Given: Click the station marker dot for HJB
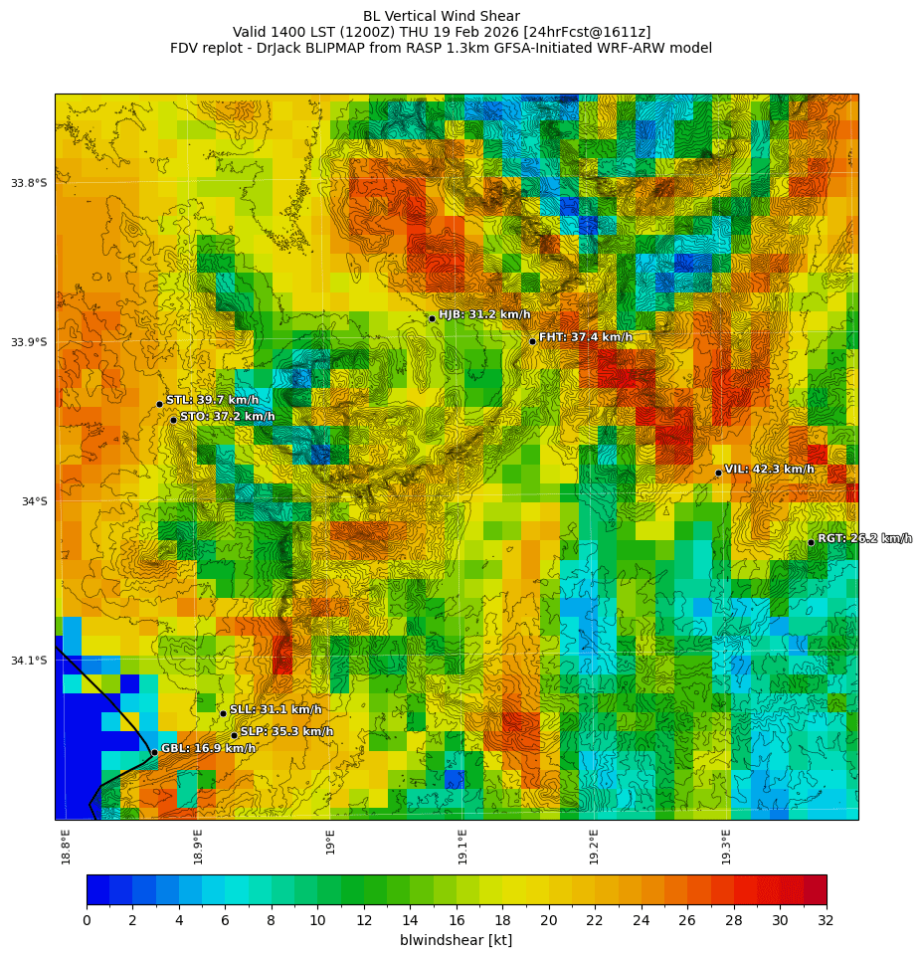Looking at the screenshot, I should coord(432,318).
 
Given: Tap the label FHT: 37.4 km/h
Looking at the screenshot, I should coord(585,337).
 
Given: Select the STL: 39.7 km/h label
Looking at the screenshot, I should coord(212,400).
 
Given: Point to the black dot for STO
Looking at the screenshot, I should coord(173,420).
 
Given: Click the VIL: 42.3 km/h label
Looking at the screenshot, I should coord(769,470).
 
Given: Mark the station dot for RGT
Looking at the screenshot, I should coord(811,542).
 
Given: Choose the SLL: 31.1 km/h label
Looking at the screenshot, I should coord(276,710).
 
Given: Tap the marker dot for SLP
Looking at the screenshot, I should coord(235,736).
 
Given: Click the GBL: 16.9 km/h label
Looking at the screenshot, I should coord(208,748).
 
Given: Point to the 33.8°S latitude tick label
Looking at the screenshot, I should coord(29,183).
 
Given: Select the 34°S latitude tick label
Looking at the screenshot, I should coord(35,501).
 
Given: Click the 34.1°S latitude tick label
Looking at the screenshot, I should coord(29,661).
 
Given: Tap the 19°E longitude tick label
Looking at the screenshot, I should coord(330,842).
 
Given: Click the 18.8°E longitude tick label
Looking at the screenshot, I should coord(66,846).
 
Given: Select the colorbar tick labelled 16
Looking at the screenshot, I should coord(457,920).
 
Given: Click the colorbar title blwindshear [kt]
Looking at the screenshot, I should coord(457,940).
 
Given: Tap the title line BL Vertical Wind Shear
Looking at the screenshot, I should coord(441,16).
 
